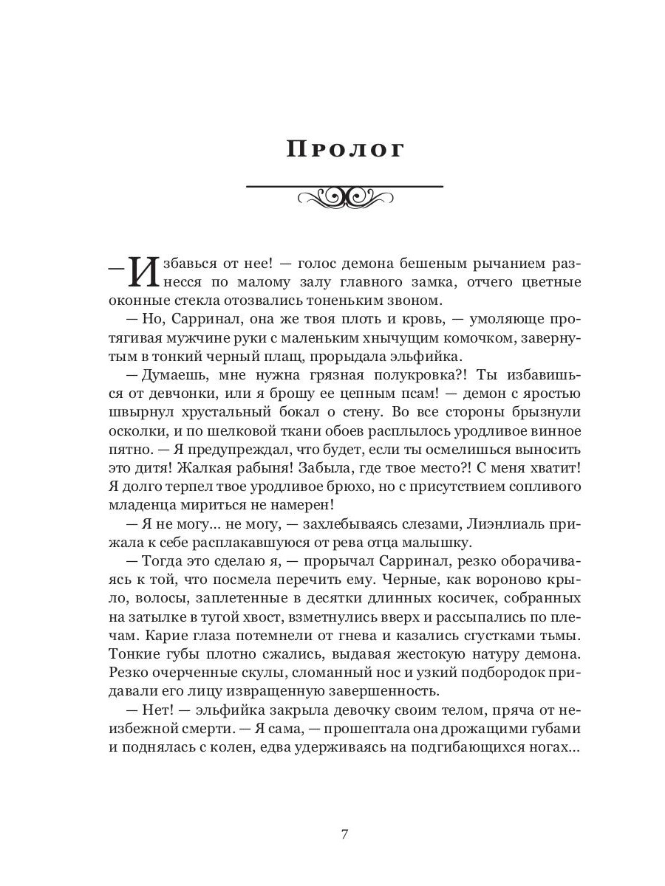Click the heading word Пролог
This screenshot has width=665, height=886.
[x=345, y=148]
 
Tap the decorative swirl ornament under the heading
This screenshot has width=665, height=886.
[x=344, y=196]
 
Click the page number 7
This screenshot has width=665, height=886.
[x=344, y=834]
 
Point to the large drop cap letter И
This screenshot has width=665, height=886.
[x=143, y=272]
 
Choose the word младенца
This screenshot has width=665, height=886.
[x=141, y=505]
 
